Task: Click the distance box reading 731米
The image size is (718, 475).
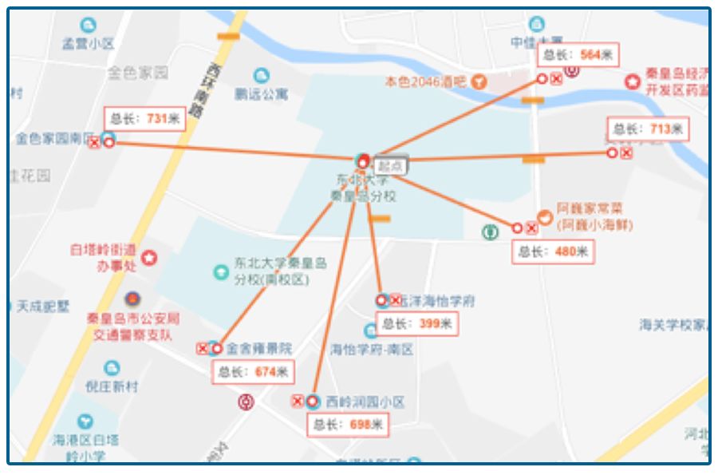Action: point(144,119)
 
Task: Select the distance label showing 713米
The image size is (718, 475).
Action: point(648,129)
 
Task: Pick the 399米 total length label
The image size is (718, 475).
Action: point(417,323)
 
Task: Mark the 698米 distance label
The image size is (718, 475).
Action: point(348,424)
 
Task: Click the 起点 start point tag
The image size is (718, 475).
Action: point(390,166)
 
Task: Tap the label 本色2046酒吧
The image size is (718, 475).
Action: point(426,81)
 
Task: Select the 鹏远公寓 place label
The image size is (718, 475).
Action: point(261,94)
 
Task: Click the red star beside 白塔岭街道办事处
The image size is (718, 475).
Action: point(149,258)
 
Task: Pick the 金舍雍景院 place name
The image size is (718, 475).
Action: point(259,349)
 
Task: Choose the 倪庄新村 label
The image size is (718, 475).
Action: point(112,386)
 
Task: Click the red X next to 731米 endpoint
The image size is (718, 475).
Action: point(94,143)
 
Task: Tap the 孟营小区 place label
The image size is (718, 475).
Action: point(88,45)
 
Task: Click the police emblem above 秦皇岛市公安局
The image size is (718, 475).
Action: point(132,300)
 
